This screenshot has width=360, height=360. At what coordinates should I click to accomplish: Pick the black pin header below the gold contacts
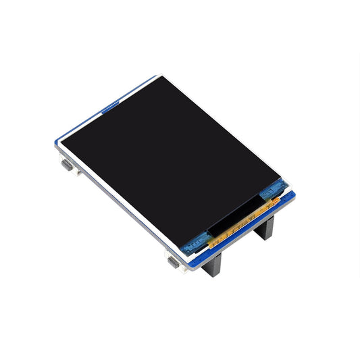click(x=265, y=229)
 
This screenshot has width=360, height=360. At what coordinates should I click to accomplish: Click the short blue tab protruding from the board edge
click(x=109, y=104)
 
